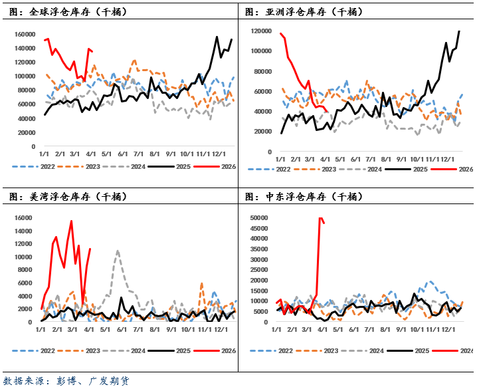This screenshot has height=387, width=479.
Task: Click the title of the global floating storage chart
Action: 69,12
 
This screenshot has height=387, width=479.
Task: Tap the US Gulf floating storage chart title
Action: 69,197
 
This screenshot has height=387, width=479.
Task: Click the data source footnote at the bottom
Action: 66,381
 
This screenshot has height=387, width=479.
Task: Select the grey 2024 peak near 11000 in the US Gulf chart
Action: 118,251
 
